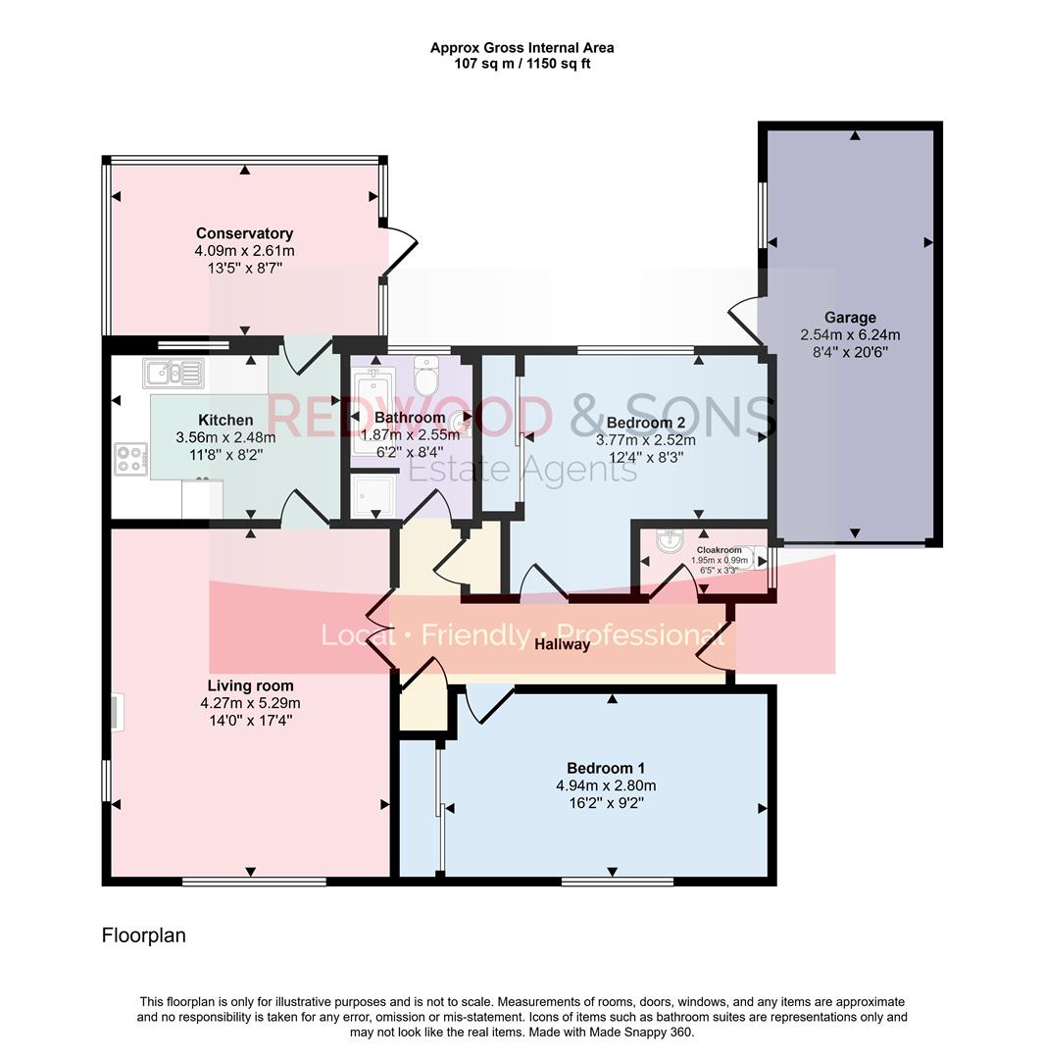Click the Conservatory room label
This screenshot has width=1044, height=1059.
point(244,233)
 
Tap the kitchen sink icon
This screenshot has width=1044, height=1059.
point(173,373)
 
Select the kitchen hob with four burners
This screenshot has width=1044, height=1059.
point(131,458)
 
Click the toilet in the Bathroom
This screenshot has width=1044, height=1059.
point(427,376)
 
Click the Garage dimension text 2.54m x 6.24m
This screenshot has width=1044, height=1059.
point(849,334)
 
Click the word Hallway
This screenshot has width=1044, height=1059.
point(563,644)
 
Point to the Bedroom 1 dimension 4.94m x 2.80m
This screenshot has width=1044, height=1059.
point(605,785)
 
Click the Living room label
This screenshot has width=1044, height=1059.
point(250,685)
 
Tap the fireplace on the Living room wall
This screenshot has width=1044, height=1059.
point(116,713)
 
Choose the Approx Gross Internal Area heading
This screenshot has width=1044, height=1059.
point(522,47)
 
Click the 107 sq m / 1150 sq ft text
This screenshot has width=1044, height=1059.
point(522,64)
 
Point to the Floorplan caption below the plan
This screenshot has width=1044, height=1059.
point(143,935)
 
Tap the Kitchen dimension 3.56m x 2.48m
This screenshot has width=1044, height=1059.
point(225,437)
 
